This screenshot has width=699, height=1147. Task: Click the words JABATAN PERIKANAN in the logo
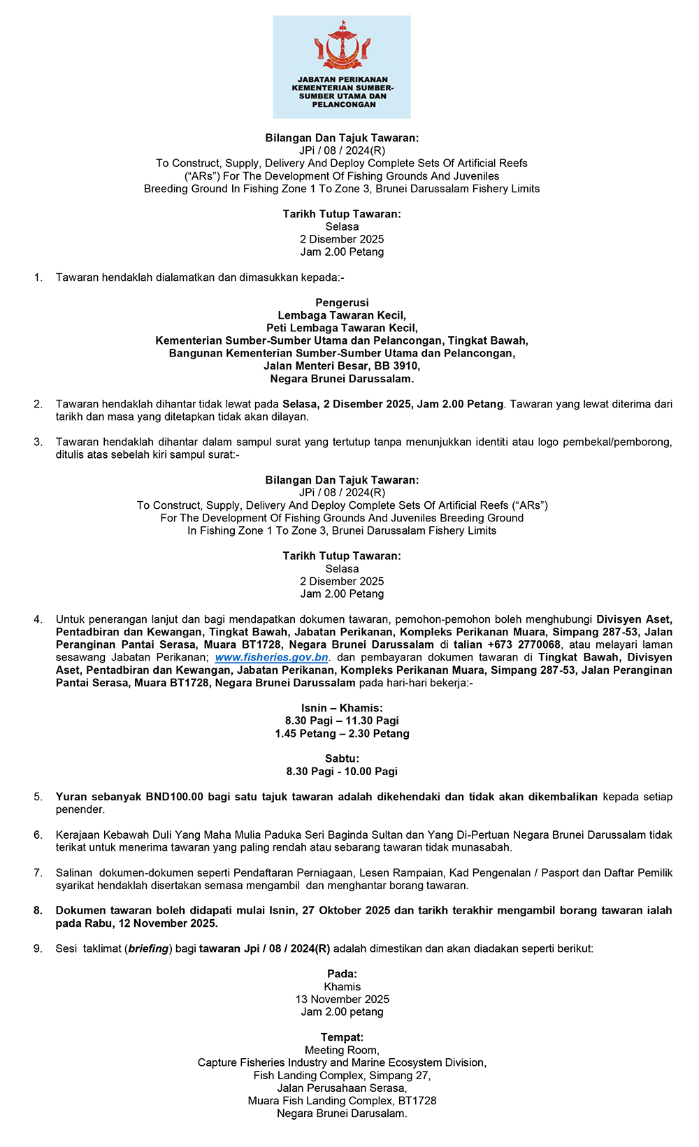click(x=343, y=80)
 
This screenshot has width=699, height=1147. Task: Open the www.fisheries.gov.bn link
click(x=271, y=658)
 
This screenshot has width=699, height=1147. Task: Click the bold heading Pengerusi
click(x=342, y=303)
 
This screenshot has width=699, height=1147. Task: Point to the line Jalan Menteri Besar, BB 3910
click(x=342, y=366)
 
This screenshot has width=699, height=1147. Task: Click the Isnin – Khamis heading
click(x=342, y=708)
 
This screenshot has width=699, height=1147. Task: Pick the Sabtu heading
click(x=342, y=758)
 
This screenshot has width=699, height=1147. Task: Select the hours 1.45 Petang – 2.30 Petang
click(x=342, y=734)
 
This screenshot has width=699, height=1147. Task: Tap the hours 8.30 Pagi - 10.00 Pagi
click(x=342, y=772)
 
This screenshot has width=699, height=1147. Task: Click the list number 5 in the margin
click(x=38, y=797)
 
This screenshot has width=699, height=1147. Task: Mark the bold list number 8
click(x=38, y=911)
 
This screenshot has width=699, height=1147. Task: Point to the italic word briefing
click(x=148, y=949)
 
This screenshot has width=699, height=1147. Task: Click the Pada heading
click(x=342, y=974)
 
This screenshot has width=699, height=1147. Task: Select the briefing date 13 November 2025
click(x=342, y=1000)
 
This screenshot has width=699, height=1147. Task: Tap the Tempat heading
click(x=342, y=1037)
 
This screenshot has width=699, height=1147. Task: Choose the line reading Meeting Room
click(x=342, y=1051)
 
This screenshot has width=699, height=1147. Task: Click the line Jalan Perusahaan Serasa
click(x=342, y=1088)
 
